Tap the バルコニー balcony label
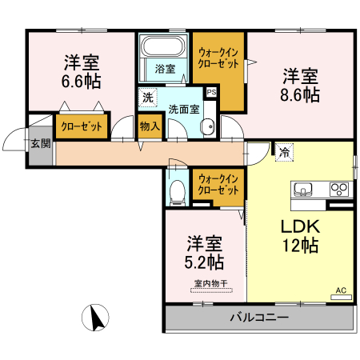[259, 317]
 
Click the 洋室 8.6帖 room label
[301, 86]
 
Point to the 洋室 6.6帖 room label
[82, 70]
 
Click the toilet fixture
[178, 190]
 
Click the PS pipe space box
[210, 92]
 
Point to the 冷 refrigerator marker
[285, 150]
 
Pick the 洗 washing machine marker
[147, 98]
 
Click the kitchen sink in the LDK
[304, 190]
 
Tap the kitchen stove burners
[338, 190]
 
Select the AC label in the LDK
[340, 290]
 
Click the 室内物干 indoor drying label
[211, 282]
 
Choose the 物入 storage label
[149, 126]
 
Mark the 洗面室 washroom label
[183, 110]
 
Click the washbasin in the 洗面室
[207, 126]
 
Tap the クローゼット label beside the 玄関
[81, 126]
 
